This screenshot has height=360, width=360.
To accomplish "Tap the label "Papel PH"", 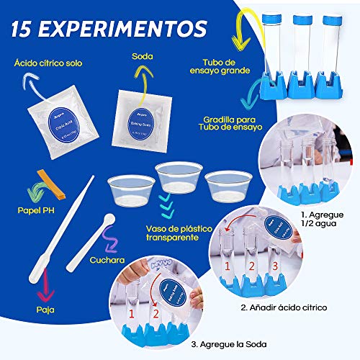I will coord(37,213).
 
